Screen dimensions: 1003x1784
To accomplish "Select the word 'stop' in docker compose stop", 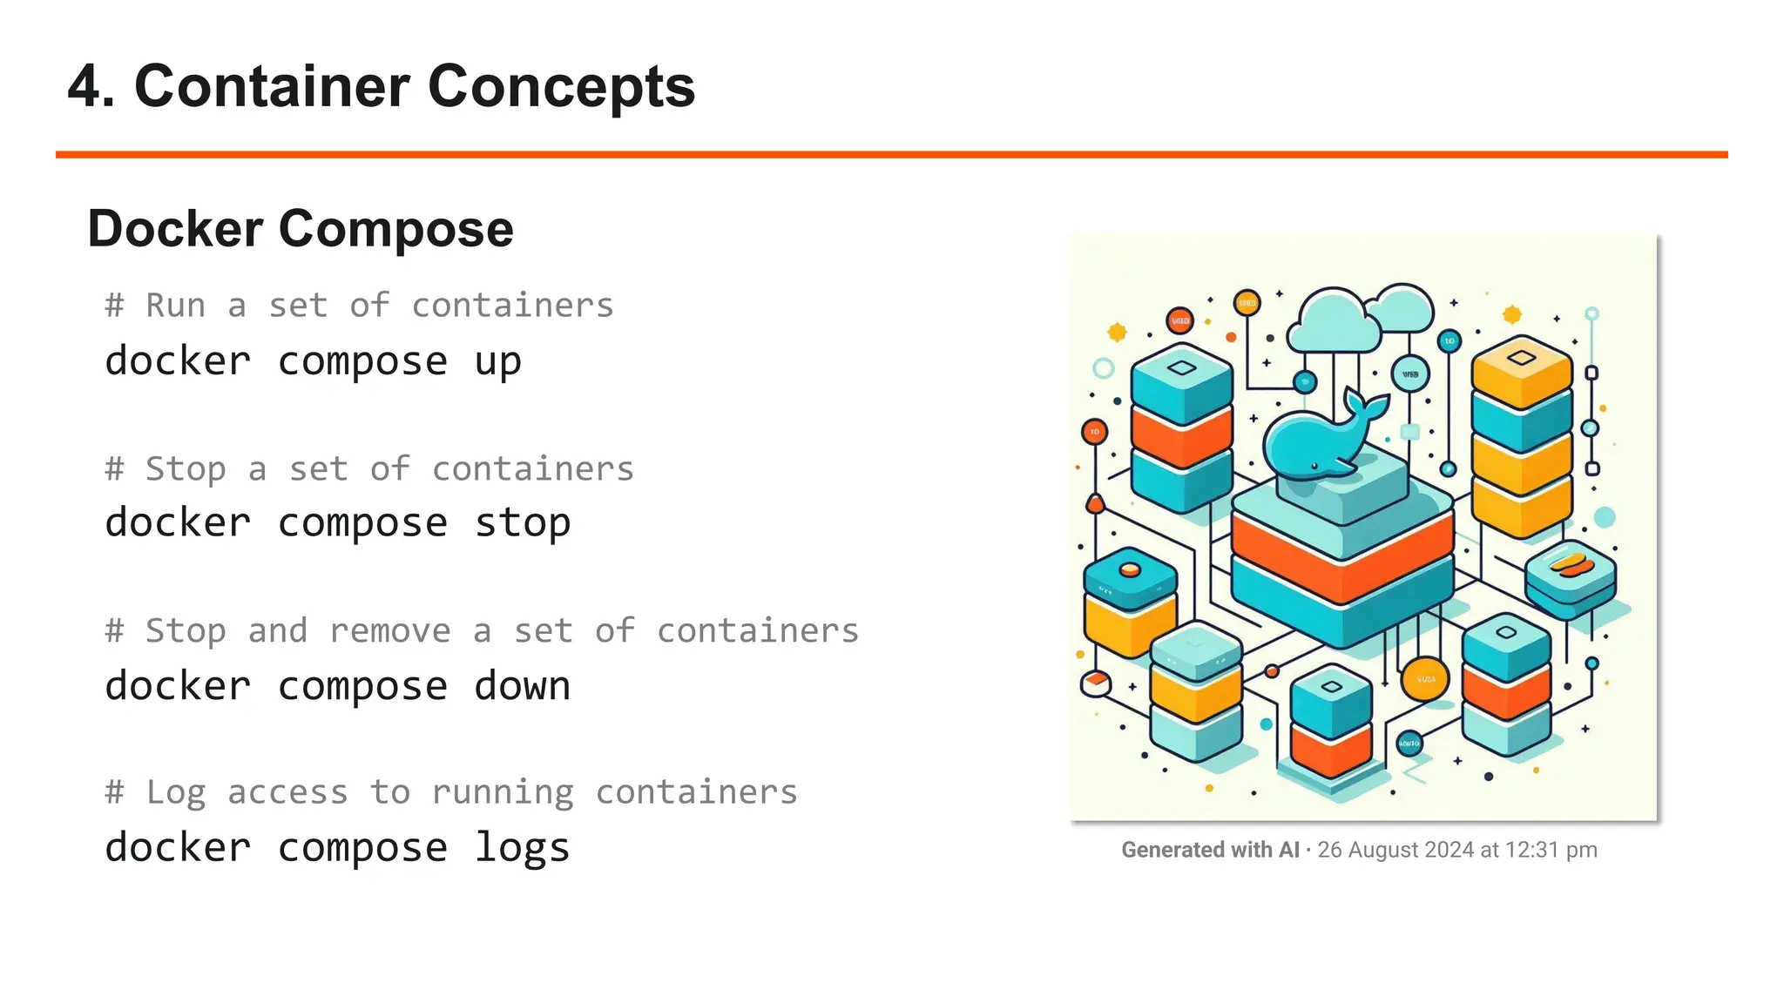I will (523, 523).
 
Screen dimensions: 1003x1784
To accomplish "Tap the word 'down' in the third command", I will (523, 686).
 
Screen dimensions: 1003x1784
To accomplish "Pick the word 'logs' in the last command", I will (523, 848).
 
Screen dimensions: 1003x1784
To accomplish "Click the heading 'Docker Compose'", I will (301, 229).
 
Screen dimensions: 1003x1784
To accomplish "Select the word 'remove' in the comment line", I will (390, 630).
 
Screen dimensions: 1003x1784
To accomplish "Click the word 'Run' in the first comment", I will (176, 306).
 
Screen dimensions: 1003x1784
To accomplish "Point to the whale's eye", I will (1314, 467).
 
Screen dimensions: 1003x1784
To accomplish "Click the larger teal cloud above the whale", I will (1333, 322).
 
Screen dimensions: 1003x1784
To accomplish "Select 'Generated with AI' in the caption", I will (1210, 850).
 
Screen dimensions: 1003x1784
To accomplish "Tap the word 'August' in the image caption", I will (1383, 850).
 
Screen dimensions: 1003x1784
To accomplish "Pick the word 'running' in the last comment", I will (503, 792).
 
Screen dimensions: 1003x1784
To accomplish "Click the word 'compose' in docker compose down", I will (362, 686).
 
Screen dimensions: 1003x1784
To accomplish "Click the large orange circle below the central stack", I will (1425, 679).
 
